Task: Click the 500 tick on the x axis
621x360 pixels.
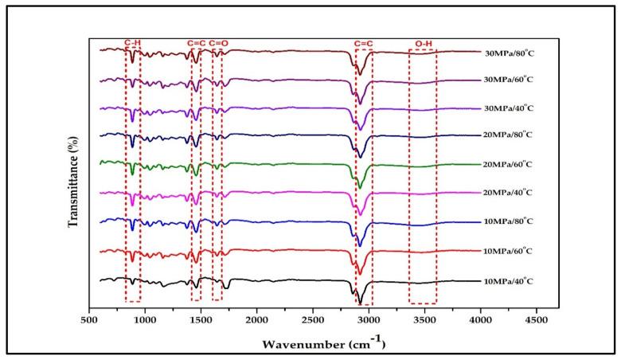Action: (x=89, y=320)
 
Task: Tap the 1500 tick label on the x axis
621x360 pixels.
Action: (x=201, y=320)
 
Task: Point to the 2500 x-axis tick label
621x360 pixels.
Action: (x=313, y=320)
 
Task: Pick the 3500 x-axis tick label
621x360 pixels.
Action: (x=424, y=320)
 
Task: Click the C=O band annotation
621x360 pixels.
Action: (x=220, y=42)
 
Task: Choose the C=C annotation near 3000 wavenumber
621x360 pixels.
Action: (x=364, y=42)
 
